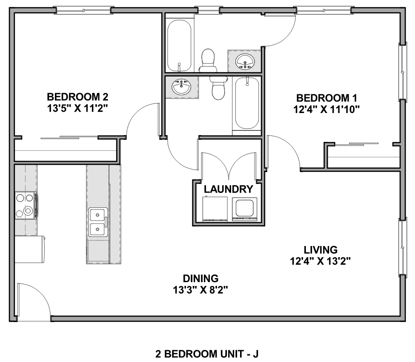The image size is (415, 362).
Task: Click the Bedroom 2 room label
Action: click(x=77, y=97)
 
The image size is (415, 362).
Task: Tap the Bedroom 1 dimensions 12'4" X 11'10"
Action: click(x=326, y=109)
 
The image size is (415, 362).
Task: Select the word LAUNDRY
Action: click(x=229, y=189)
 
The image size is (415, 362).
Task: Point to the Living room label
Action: click(x=321, y=250)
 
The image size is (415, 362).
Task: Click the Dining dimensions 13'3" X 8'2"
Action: click(x=200, y=290)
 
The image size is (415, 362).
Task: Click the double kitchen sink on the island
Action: click(x=98, y=222)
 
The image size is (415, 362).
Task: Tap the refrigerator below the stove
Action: click(x=30, y=249)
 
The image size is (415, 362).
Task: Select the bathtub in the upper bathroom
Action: click(x=179, y=45)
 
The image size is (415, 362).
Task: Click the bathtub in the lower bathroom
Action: click(x=247, y=104)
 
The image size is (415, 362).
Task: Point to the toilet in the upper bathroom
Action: click(x=208, y=60)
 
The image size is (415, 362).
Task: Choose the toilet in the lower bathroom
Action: click(x=219, y=88)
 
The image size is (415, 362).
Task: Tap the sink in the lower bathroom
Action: click(x=181, y=87)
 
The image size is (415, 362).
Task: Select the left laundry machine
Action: click(x=215, y=209)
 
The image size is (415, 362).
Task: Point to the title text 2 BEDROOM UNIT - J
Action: click(x=207, y=354)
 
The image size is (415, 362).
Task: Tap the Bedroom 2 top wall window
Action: click(x=83, y=11)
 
